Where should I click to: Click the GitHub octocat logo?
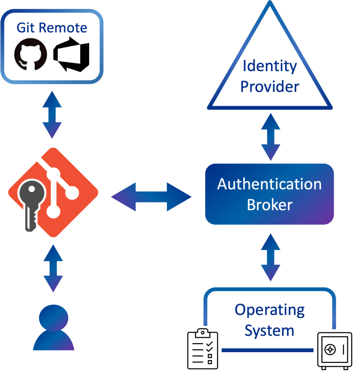(31, 55)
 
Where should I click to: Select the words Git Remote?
(52, 28)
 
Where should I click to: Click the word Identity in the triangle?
(270, 66)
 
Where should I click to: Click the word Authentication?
(270, 184)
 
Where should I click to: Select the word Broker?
(270, 205)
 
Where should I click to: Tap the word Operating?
(270, 310)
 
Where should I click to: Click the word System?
(270, 331)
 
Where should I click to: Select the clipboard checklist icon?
(202, 349)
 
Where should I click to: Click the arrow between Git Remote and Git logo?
(52, 114)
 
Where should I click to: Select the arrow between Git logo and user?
(52, 268)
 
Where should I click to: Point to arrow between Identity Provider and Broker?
(270, 137)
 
